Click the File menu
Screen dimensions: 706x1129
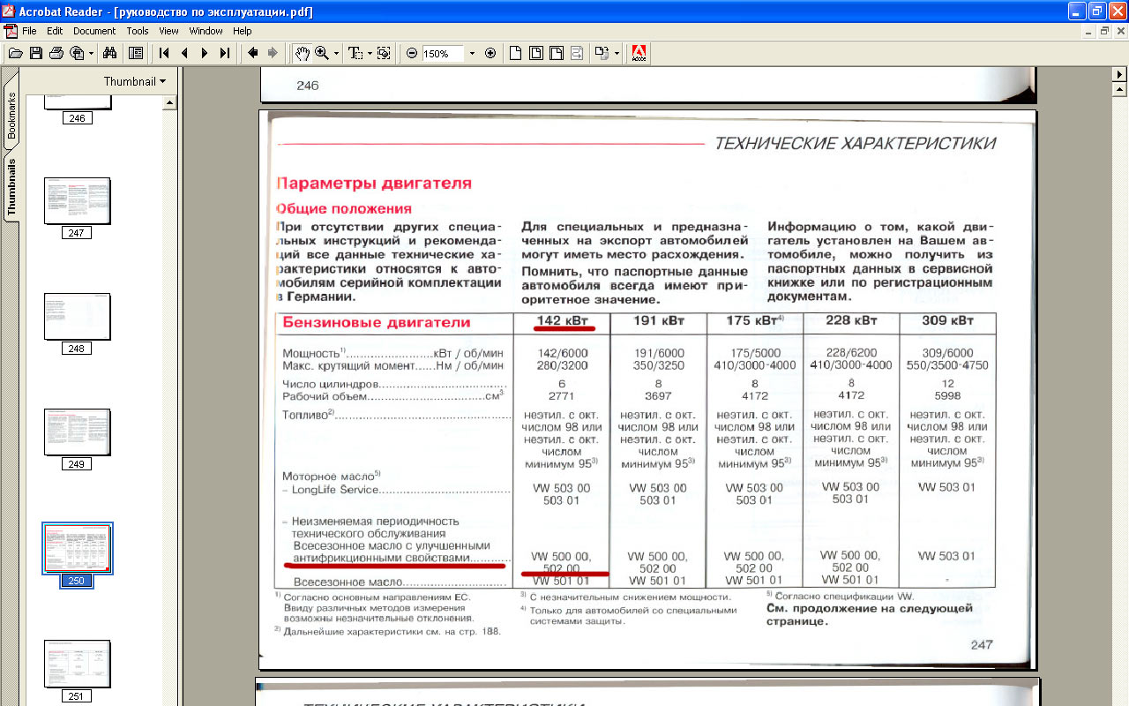pyautogui.click(x=29, y=31)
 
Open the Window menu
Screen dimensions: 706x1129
pyautogui.click(x=206, y=31)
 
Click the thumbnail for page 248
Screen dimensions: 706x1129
pyautogui.click(x=77, y=317)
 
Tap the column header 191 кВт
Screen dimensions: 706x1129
pyautogui.click(x=658, y=320)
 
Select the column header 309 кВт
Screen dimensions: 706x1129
pyautogui.click(x=948, y=320)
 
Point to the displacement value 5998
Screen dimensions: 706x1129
pyautogui.click(x=947, y=396)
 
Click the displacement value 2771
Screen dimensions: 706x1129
pyautogui.click(x=562, y=396)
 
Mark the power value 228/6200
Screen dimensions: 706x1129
pyautogui.click(x=851, y=352)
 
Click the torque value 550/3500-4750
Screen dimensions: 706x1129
pyautogui.click(x=947, y=365)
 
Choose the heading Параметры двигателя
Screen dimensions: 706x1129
pyautogui.click(x=374, y=184)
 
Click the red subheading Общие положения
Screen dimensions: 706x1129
pyautogui.click(x=344, y=209)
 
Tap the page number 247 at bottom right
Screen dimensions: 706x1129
pyautogui.click(x=982, y=644)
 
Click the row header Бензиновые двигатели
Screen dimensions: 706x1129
pyautogui.click(x=377, y=323)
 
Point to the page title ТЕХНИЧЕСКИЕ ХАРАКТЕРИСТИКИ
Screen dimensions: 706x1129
pyautogui.click(x=855, y=143)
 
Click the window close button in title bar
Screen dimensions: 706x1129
pyautogui.click(x=1117, y=11)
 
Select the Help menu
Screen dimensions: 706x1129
pyautogui.click(x=243, y=31)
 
